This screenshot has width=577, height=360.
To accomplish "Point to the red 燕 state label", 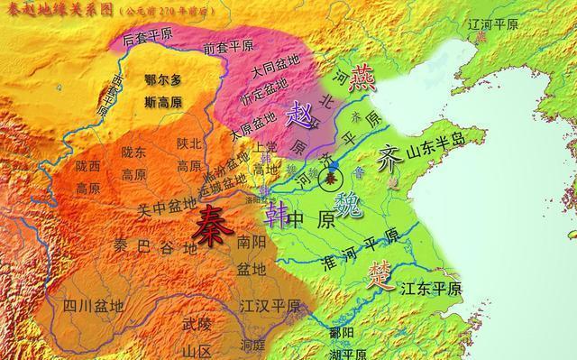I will pos(364,79).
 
